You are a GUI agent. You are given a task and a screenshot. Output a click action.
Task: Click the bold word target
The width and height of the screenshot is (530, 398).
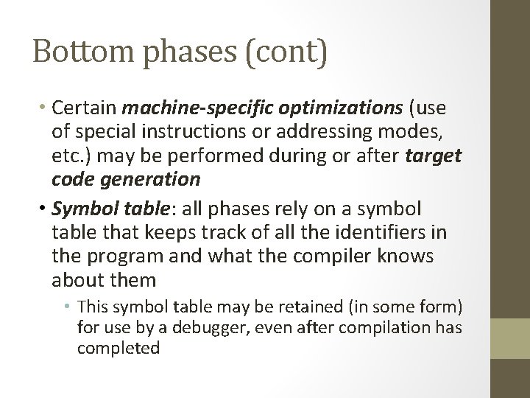(433, 156)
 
